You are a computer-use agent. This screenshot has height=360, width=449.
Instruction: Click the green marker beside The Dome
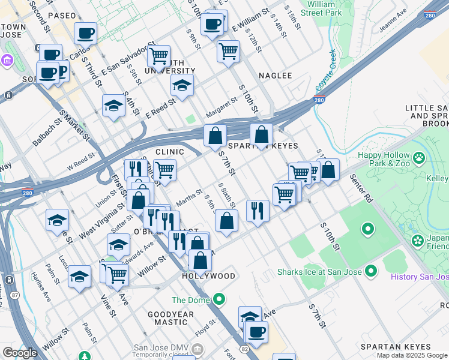pos(220,299)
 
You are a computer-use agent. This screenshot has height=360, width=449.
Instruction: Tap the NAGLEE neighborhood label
pos(275,76)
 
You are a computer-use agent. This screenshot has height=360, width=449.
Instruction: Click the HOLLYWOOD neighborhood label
pos(208,276)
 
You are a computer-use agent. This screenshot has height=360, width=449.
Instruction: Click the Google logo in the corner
pos(20,353)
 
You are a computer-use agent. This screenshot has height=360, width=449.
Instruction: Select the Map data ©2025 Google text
pos(412,355)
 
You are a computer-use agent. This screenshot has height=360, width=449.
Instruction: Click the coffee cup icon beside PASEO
pos(86,32)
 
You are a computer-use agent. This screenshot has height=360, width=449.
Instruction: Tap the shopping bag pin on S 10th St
pos(261,134)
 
